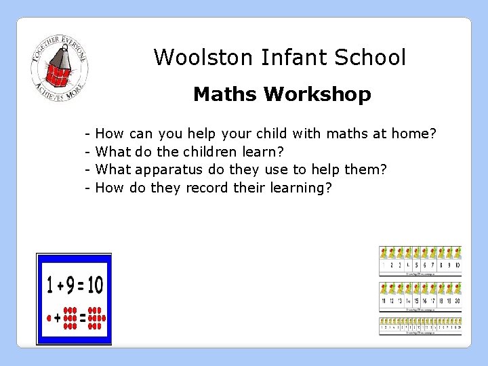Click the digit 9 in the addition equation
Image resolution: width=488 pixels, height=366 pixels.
coord(70,285)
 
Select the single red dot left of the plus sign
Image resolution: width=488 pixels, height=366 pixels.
coord(49,317)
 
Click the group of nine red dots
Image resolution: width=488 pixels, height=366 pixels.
coord(70,317)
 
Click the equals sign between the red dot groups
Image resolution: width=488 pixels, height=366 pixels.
coord(83,317)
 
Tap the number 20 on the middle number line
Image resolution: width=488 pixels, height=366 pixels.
coord(457,300)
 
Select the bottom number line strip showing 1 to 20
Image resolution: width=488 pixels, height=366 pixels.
coord(420,326)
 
